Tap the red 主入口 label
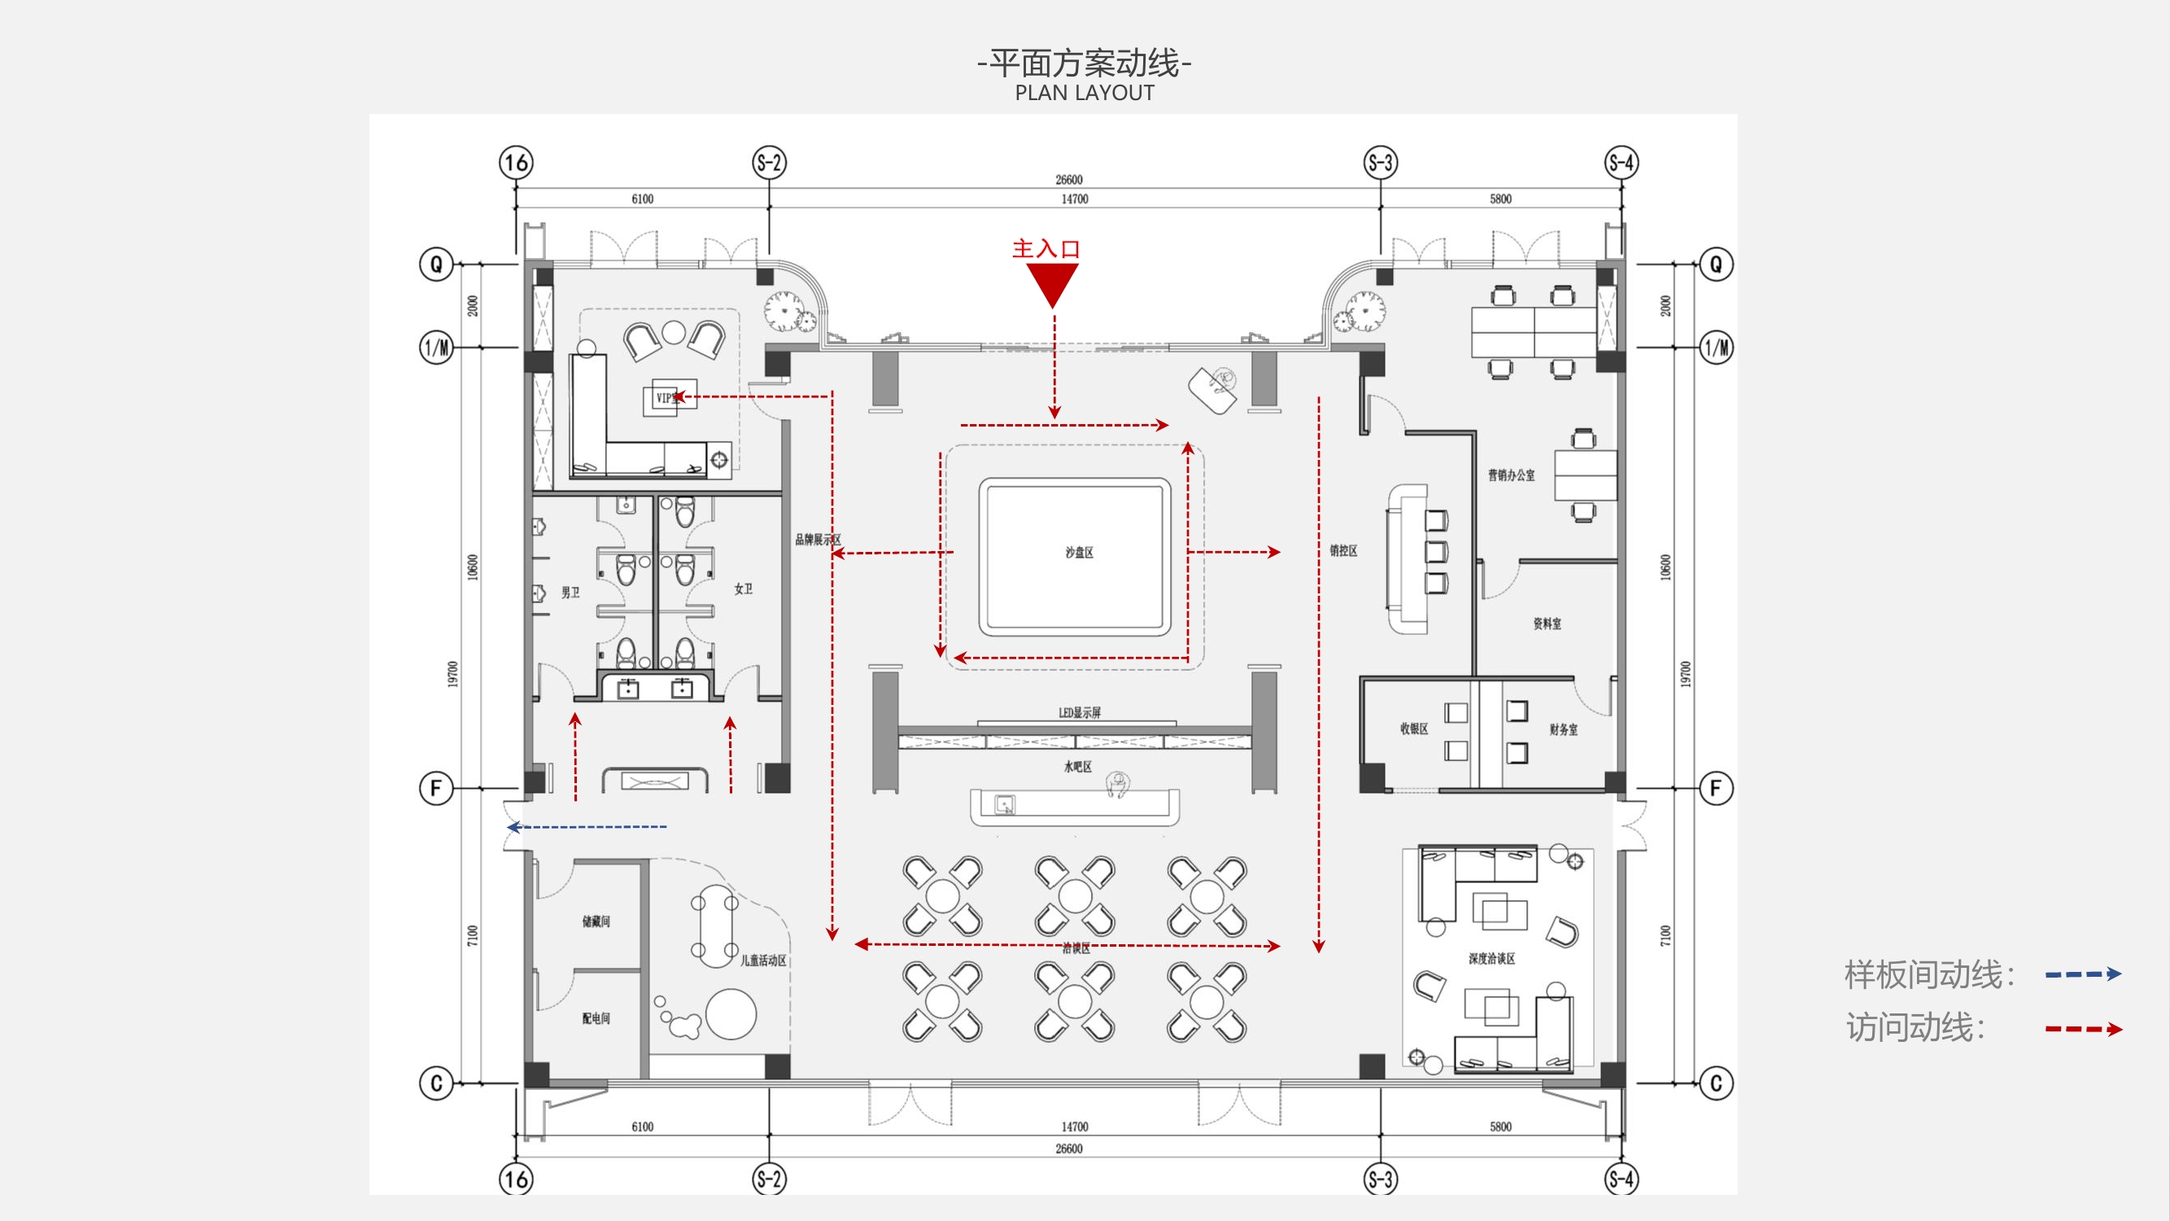coord(1046,248)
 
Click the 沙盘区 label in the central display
coord(1079,553)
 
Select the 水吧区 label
coord(1077,767)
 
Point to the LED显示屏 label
coord(1079,713)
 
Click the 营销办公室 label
coord(1511,475)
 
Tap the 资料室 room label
coord(1547,624)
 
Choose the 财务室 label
coord(1564,729)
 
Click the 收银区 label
coord(1414,729)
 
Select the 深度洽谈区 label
coord(1492,959)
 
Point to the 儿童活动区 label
coord(763,961)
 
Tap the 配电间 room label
coord(596,1019)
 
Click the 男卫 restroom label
coord(570,593)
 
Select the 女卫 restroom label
coord(743,589)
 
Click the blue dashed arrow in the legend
coord(2082,975)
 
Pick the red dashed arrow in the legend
coord(2082,1029)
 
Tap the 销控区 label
coord(1343,551)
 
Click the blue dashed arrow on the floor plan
coord(587,828)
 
